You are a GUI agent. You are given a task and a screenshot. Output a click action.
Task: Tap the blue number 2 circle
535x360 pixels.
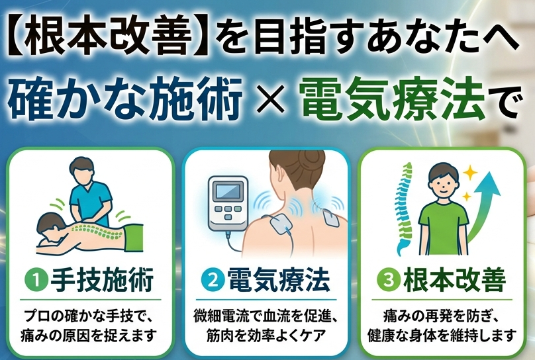pyautogui.click(x=213, y=281)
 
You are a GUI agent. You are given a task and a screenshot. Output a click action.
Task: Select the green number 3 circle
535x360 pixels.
pyautogui.click(x=387, y=281)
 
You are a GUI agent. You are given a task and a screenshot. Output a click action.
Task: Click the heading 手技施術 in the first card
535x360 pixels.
pyautogui.click(x=103, y=280)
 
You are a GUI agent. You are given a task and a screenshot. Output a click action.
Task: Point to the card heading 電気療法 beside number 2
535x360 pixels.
pyautogui.click(x=279, y=280)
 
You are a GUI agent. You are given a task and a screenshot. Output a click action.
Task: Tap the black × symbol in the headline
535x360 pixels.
pyautogui.click(x=271, y=100)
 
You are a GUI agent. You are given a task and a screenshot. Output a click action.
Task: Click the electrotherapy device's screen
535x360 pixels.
pyautogui.click(x=228, y=191)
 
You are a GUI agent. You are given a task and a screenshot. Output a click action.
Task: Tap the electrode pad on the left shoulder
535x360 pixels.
pyautogui.click(x=281, y=224)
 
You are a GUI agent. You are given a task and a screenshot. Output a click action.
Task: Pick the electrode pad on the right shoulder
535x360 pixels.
pyautogui.click(x=331, y=217)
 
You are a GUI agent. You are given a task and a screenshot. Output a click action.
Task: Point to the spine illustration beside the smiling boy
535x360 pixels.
pyautogui.click(x=405, y=208)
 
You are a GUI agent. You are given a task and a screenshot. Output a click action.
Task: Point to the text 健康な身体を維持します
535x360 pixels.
pyautogui.click(x=442, y=336)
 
